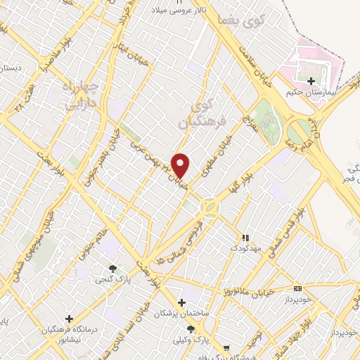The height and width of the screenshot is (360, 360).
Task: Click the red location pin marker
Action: [181, 165]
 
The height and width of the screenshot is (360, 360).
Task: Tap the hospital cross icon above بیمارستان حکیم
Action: [311, 81]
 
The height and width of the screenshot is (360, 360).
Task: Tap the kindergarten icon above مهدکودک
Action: [245, 238]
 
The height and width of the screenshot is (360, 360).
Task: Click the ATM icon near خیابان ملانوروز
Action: [297, 288]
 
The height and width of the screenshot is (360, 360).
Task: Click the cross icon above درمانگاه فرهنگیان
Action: [68, 319]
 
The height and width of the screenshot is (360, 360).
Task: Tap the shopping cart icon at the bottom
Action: [226, 348]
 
